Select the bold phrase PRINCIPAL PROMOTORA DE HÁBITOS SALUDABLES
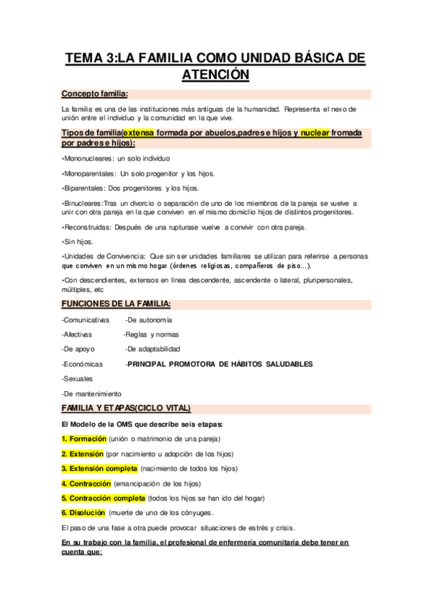[x=220, y=364]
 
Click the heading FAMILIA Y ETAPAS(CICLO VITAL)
[x=126, y=409]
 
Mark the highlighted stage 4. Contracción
[x=86, y=483]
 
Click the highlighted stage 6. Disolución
[x=84, y=513]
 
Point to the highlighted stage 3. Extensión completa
[x=99, y=468]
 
